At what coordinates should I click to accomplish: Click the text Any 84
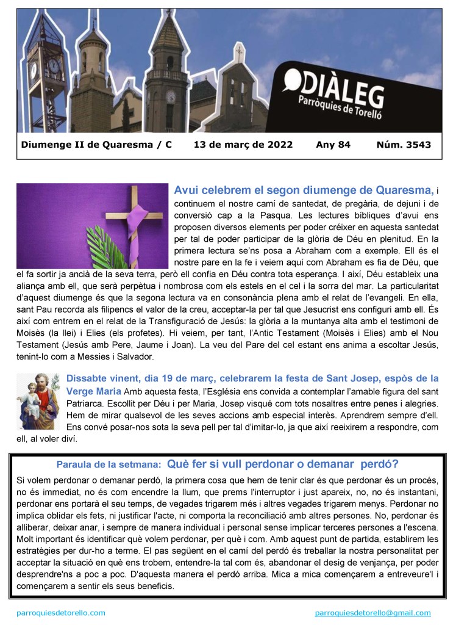(x=333, y=145)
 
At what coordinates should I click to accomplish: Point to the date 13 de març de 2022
(x=243, y=145)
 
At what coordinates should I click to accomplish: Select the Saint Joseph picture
(x=38, y=401)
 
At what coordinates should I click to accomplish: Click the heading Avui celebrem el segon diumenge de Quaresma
(x=304, y=190)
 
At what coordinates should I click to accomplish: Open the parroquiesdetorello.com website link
(x=60, y=613)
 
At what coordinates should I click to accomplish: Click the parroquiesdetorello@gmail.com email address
(x=372, y=613)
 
